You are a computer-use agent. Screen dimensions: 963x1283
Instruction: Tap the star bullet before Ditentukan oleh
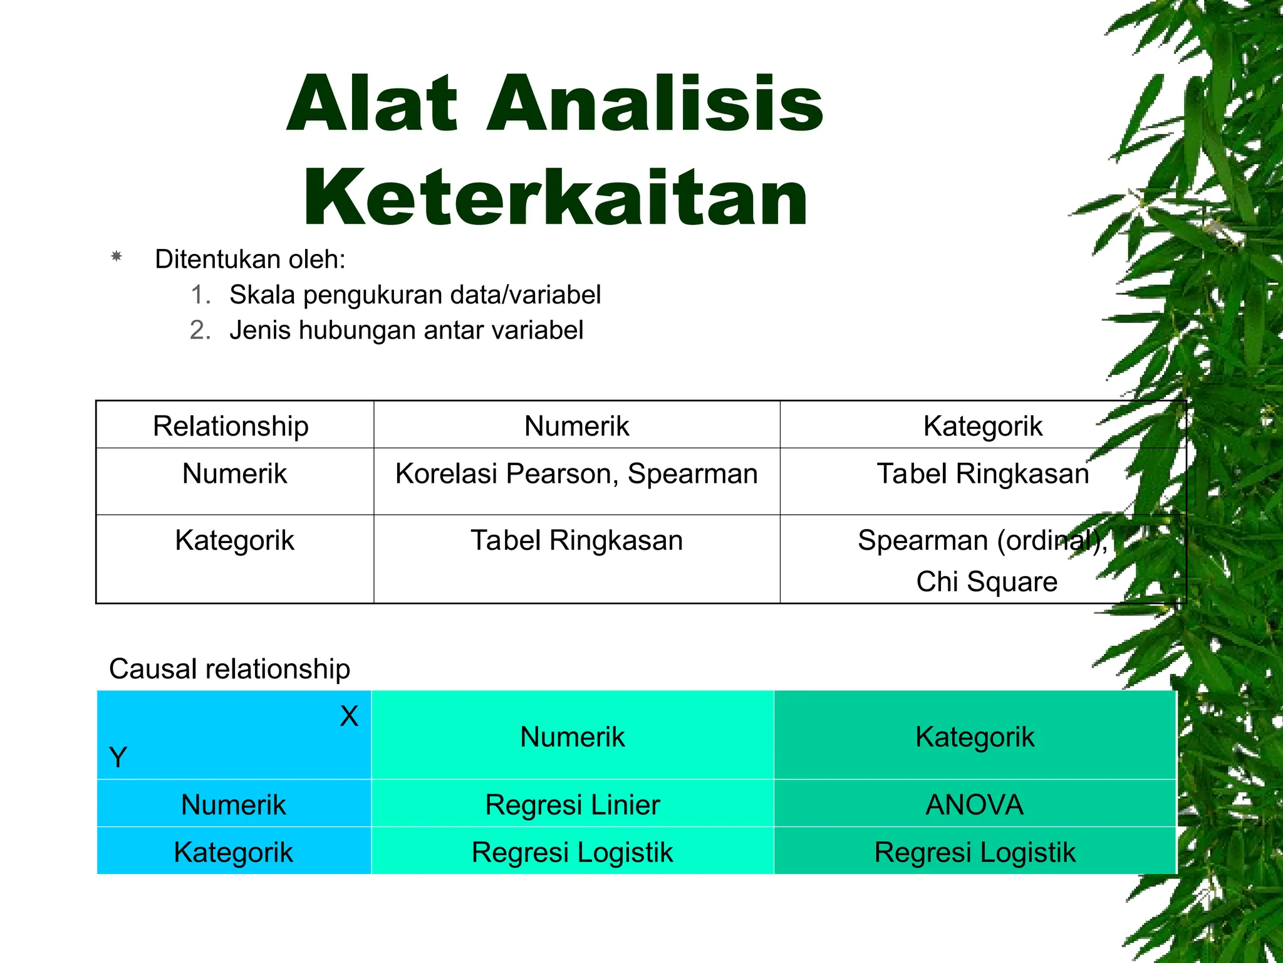(116, 256)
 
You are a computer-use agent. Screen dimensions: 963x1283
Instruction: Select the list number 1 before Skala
(200, 295)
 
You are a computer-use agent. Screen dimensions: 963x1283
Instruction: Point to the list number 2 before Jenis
(200, 330)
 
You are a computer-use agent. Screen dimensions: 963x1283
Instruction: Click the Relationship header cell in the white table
(231, 426)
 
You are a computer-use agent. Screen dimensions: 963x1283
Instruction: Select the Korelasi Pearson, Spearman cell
(576, 474)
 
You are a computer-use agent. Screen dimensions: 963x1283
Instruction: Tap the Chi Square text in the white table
(987, 582)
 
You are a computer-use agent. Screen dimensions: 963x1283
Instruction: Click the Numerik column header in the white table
(576, 426)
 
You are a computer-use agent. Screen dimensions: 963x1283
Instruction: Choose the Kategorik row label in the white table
(234, 540)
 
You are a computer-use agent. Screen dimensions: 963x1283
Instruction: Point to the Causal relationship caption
(229, 669)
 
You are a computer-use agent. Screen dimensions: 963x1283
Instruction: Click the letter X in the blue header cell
(349, 716)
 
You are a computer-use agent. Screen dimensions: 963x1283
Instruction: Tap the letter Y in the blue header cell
(118, 757)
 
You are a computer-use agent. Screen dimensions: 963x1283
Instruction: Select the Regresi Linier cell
(573, 805)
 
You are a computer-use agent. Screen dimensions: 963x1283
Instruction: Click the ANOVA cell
(975, 805)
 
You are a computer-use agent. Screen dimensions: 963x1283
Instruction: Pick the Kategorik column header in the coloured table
(975, 737)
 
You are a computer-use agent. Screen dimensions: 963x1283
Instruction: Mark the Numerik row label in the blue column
(234, 805)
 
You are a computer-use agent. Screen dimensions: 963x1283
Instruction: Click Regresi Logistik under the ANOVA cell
(975, 853)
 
